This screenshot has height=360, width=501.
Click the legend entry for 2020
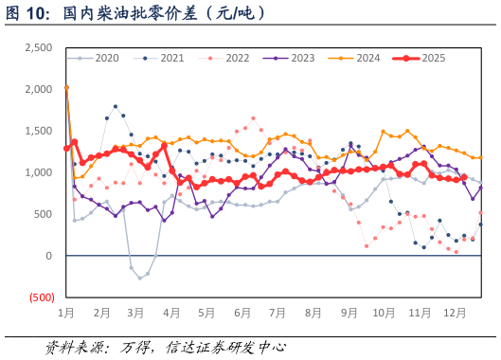tap(106, 59)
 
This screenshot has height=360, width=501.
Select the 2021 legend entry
tap(171, 59)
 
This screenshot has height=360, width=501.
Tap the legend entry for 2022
tap(237, 59)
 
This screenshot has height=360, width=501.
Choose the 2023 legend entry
tap(302, 59)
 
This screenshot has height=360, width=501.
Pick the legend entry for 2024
tap(367, 59)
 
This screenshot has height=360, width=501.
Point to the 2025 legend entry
tap(433, 59)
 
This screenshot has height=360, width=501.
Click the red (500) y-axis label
tap(41, 297)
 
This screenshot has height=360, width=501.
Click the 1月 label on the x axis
tap(67, 312)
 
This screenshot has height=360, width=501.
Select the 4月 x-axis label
tap(171, 312)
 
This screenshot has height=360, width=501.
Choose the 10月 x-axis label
tap(384, 312)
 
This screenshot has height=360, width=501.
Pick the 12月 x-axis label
tap(455, 312)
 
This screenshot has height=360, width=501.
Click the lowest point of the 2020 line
tap(139, 278)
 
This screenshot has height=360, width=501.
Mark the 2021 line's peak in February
tap(116, 107)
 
